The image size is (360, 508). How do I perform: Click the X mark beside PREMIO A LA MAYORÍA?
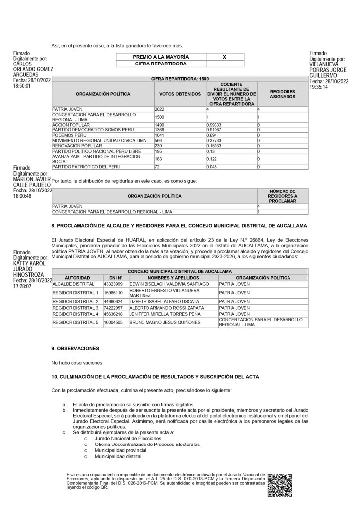(224, 57)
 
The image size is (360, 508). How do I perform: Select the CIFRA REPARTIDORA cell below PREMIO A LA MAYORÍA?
(160, 64)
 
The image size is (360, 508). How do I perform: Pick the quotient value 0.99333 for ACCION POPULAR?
(215, 124)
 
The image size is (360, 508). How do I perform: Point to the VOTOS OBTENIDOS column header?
(180, 94)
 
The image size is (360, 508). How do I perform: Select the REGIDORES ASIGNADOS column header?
(282, 94)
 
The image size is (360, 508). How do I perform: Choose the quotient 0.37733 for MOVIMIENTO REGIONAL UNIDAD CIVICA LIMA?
(215, 140)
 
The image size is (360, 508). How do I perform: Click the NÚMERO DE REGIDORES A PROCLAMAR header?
(282, 196)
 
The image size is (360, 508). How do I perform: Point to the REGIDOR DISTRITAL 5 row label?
(75, 322)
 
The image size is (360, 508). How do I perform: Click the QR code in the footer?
(280, 485)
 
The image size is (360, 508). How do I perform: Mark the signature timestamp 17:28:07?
(22, 286)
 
